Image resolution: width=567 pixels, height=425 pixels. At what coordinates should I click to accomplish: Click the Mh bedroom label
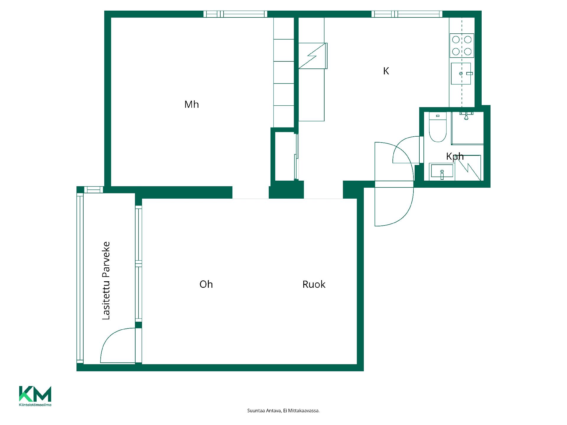[191, 104]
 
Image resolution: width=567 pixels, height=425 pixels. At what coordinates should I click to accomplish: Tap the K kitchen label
[386, 71]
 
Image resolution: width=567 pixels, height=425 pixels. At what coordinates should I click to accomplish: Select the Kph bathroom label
[455, 156]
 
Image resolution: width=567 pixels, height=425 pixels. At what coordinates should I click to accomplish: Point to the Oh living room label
[206, 284]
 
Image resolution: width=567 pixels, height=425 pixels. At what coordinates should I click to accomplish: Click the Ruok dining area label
[314, 284]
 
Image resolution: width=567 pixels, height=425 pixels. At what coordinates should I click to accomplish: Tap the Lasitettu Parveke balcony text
[106, 280]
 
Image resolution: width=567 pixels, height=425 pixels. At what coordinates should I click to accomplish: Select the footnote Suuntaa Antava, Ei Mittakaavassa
[283, 411]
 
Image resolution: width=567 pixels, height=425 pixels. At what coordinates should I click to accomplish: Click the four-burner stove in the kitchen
[462, 45]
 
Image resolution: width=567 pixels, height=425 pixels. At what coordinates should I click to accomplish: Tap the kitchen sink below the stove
[461, 73]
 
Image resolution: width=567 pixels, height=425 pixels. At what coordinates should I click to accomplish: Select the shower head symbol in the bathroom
[466, 116]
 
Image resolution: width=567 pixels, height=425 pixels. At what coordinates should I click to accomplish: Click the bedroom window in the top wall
[235, 14]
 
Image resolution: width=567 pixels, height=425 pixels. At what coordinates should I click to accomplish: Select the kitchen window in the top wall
[407, 14]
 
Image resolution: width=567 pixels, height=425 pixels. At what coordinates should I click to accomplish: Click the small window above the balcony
[94, 189]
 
